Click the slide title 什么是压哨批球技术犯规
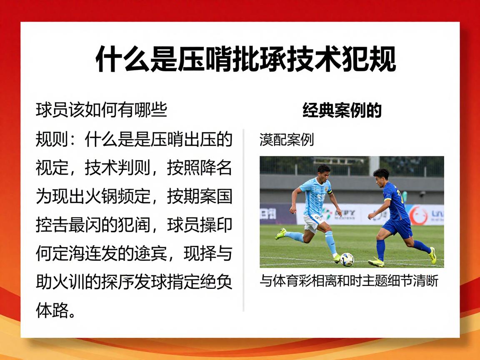[x=246, y=60]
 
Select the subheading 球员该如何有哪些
[x=101, y=110]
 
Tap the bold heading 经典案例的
[x=342, y=110]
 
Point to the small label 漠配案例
[x=286, y=140]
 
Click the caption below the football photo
[x=349, y=281]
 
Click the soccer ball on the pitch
[x=347, y=260]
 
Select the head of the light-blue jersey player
[x=323, y=172]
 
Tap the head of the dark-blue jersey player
[x=380, y=176]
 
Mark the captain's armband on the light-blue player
[x=330, y=192]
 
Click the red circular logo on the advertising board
[x=418, y=215]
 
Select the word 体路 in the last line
[x=52, y=311]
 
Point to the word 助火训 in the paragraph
[x=61, y=282]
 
